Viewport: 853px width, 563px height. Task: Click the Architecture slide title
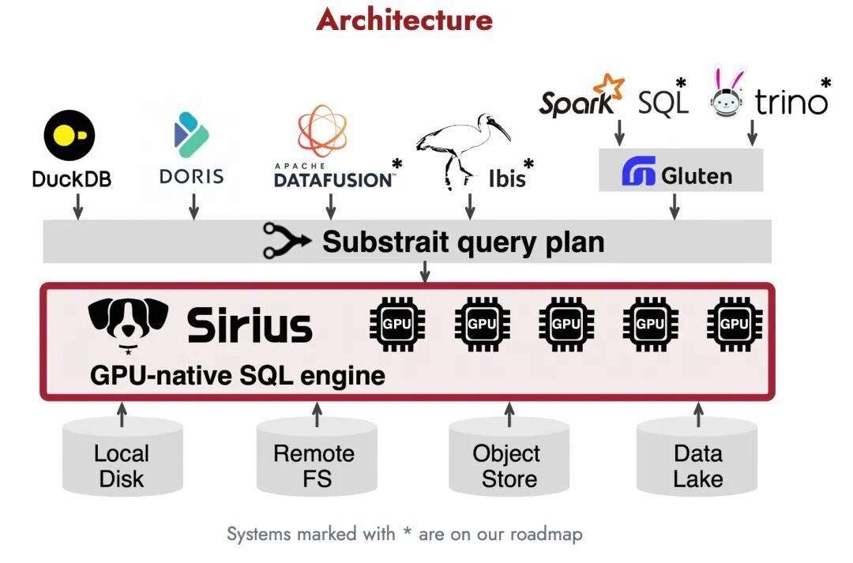coord(404,19)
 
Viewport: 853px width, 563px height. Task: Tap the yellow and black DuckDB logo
coord(70,136)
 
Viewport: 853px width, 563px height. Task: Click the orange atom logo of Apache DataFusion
coord(321,131)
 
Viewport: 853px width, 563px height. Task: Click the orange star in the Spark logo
coord(609,86)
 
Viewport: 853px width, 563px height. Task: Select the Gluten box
coord(681,172)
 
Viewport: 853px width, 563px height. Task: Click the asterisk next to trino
coord(826,82)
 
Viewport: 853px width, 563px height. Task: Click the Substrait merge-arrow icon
coord(286,242)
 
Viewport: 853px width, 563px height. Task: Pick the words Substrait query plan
coord(463,242)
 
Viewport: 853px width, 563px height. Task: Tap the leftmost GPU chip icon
coord(397,324)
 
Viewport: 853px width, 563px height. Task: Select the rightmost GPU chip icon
coord(735,324)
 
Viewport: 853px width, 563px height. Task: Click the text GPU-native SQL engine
coord(238,374)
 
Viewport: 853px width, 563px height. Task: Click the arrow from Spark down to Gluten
coord(619,132)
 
